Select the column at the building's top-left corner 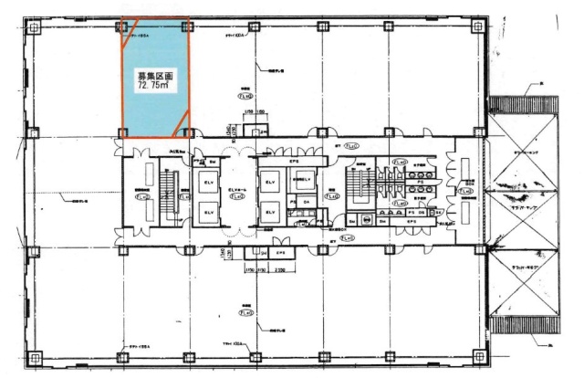(x=33, y=27)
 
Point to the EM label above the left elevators (x=212, y=160)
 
